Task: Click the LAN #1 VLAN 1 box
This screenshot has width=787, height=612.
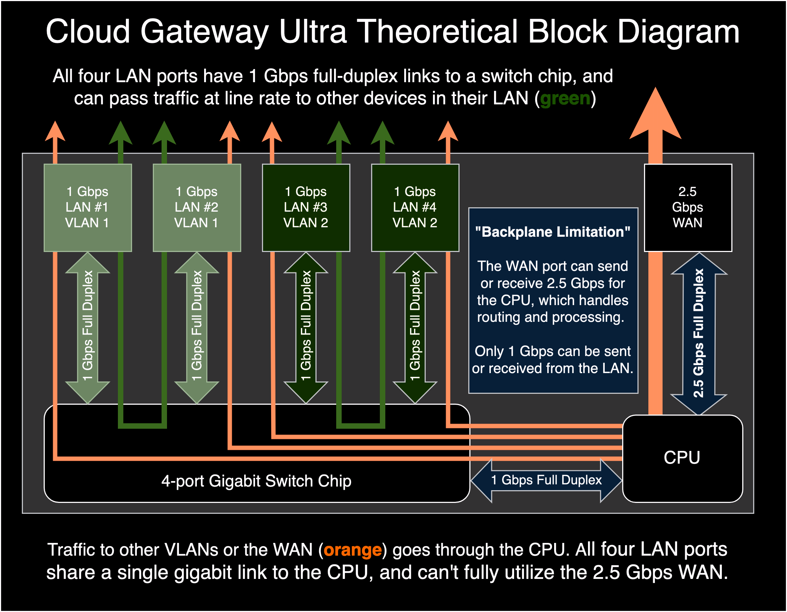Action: coord(87,207)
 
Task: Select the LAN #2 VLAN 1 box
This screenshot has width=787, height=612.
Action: coord(196,207)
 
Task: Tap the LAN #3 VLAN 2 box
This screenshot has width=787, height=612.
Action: coord(306,207)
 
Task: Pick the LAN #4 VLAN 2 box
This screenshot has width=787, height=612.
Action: coord(415,207)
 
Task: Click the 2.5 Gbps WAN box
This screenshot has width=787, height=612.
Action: coord(688,207)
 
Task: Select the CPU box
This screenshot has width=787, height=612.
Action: coord(682,458)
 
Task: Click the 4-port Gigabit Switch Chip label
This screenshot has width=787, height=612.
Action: coord(257,481)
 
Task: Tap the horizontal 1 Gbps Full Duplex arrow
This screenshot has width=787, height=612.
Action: coord(546,480)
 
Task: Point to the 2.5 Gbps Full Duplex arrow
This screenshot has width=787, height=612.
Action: coord(699,333)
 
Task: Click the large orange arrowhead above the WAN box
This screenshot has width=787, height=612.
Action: coord(655,116)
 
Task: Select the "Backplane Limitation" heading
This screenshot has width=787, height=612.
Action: coord(553,232)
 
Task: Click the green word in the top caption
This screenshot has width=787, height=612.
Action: coord(565,99)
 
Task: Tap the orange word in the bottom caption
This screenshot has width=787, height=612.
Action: coord(352,550)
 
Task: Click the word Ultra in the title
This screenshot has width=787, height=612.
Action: coord(313,32)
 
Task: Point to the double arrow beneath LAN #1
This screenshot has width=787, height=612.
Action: coord(88,327)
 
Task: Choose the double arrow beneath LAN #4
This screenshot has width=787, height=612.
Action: coord(415,327)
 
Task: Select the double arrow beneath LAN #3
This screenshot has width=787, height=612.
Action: coord(306,327)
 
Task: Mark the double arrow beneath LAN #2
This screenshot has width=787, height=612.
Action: coord(197,327)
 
